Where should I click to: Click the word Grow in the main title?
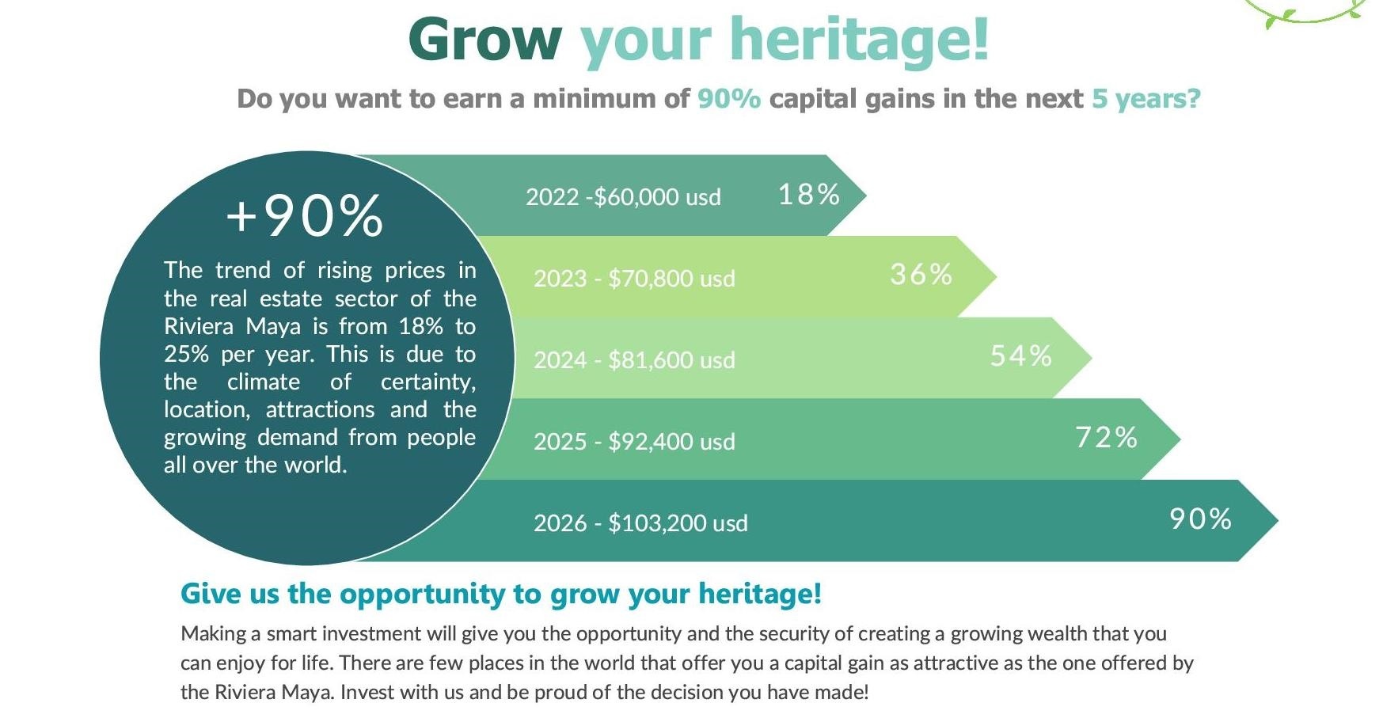pos(485,40)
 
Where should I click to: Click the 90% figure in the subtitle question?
pos(729,98)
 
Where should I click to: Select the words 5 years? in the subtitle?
pos(1146,99)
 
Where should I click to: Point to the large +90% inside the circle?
pos(305,215)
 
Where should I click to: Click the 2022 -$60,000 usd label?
pos(623,196)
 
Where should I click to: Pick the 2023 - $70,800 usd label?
pos(634,279)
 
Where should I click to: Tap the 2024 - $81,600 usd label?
pos(634,360)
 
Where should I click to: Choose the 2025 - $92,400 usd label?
pos(634,442)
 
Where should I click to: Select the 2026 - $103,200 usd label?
pos(640,523)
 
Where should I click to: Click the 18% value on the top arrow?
pos(808,194)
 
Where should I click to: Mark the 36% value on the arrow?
pos(921,275)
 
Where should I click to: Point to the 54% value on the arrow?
pos(1020,356)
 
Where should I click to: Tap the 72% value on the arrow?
pos(1106,438)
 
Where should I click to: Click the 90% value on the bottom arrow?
pos(1200,519)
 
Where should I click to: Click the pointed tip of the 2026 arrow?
pos(1278,520)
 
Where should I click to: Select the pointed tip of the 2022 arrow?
pos(866,195)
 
